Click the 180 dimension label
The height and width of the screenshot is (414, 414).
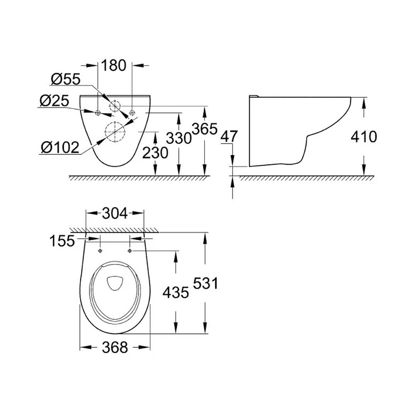(114, 65)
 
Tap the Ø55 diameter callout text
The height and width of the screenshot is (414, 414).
(66, 79)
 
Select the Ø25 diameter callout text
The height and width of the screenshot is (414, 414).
(54, 101)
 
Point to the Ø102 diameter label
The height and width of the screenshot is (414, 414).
(60, 147)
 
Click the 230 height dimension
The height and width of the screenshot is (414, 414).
(155, 153)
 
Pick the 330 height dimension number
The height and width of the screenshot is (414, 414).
(179, 138)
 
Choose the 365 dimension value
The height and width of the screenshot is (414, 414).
(205, 129)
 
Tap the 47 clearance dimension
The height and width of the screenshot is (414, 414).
(229, 136)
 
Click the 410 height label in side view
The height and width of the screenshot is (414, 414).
(364, 137)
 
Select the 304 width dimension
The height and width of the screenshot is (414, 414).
(115, 213)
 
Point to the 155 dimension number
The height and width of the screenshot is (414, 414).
(62, 241)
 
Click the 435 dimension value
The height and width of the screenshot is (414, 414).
(176, 293)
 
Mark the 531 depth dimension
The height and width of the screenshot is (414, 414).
(205, 283)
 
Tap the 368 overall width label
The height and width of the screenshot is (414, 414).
(115, 347)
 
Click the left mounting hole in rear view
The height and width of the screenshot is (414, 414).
(98, 113)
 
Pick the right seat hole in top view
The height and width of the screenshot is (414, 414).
(130, 250)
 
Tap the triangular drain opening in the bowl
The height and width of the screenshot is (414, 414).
(115, 283)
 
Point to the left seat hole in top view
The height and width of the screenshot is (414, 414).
(100, 250)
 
